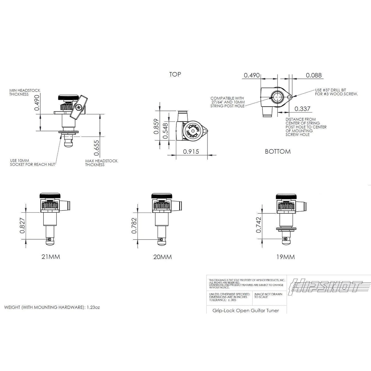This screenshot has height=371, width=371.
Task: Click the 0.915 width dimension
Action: tap(191, 151)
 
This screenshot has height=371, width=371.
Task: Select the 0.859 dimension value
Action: tap(156, 126)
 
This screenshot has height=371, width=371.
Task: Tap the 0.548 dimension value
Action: tap(165, 131)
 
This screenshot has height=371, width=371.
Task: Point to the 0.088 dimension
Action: tap(314, 75)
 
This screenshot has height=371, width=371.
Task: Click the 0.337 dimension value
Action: tap(302, 109)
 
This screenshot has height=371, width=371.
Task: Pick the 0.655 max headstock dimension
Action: tap(96, 148)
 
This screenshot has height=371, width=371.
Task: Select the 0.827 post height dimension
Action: tap(22, 225)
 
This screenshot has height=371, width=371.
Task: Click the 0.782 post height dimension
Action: tap(134, 225)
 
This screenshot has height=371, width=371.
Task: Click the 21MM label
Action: tap(51, 257)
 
